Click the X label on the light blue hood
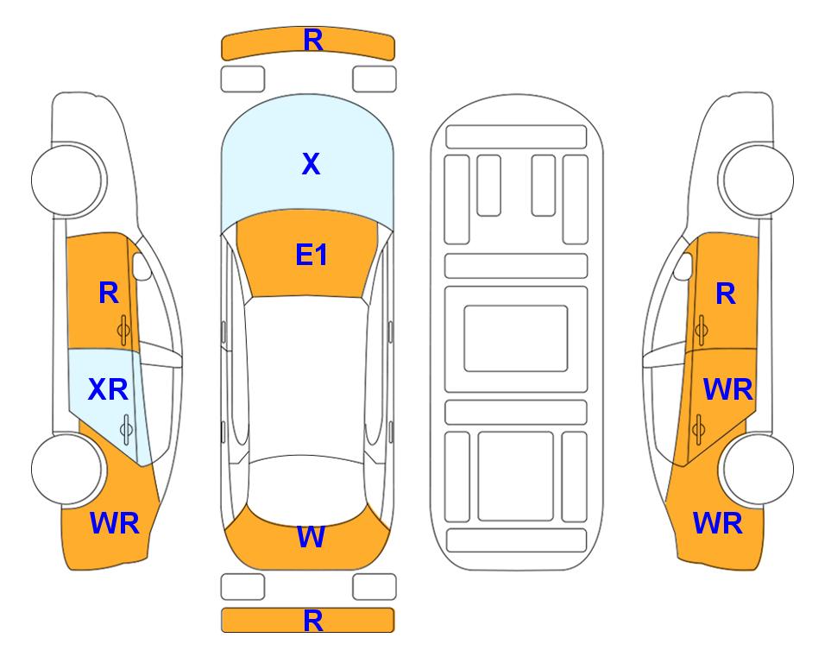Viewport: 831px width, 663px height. tap(312, 164)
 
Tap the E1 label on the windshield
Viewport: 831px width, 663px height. tap(312, 255)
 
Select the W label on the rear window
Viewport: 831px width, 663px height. tap(311, 537)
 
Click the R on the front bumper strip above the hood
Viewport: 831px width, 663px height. tap(313, 41)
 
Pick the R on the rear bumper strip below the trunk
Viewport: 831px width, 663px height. tap(313, 621)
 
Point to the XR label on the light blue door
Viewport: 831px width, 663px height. tap(108, 390)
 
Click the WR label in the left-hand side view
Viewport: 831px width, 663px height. tap(115, 523)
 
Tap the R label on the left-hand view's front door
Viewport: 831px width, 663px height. tap(109, 293)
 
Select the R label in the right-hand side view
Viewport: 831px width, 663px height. tap(726, 294)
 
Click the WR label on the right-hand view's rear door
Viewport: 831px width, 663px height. tap(727, 390)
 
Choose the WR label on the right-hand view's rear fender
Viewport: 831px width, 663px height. tap(718, 523)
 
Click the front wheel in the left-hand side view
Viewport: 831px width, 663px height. tap(68, 180)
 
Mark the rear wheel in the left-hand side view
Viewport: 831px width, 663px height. tap(67, 469)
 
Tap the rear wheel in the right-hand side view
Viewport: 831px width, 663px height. tap(758, 469)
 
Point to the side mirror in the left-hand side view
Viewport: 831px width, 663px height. tap(142, 266)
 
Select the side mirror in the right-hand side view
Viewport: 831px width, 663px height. tap(683, 266)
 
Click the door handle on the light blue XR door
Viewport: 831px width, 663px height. tap(126, 429)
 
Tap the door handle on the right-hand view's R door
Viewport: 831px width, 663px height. tap(701, 330)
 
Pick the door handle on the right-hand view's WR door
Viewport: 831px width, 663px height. tap(698, 429)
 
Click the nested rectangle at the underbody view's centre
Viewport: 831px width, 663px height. tap(516, 338)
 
